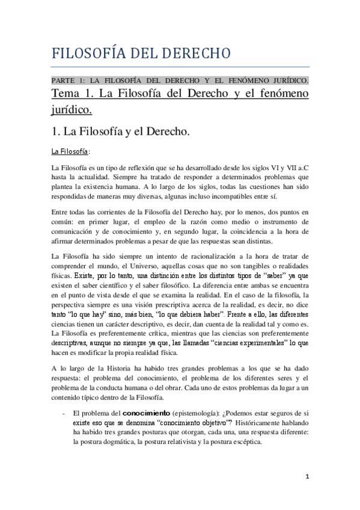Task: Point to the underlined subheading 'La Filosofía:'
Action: [x=70, y=151]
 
